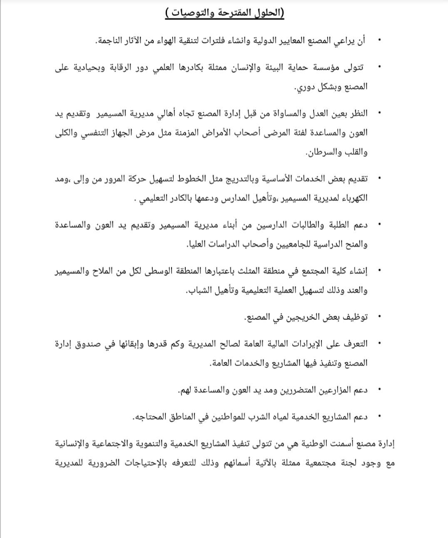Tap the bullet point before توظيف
point(378,317)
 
